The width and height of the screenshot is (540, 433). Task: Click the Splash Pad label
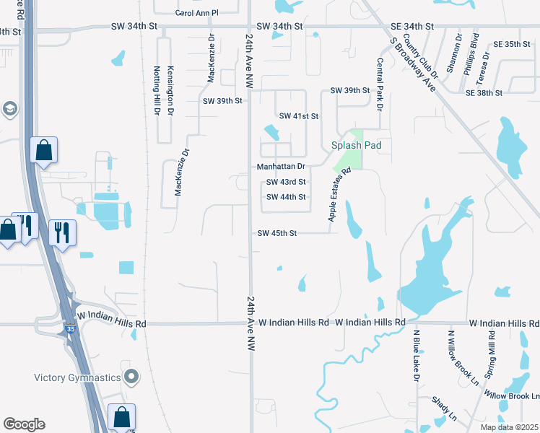(x=356, y=145)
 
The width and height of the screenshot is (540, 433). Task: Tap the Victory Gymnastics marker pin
(x=131, y=377)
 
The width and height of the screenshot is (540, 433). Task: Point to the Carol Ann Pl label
(x=196, y=13)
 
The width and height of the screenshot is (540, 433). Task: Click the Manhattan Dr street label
(x=282, y=166)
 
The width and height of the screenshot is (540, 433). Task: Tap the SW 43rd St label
(x=286, y=182)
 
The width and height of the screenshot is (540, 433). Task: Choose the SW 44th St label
(x=286, y=197)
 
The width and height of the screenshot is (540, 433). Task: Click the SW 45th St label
(x=277, y=233)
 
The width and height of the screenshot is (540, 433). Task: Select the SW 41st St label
(x=299, y=115)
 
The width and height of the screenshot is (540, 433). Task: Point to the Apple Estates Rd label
(x=339, y=195)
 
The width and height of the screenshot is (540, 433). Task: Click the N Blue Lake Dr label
(x=416, y=357)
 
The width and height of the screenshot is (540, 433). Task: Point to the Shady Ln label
(x=444, y=408)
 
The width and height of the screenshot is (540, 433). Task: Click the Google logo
(x=24, y=424)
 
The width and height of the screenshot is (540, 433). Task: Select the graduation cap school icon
(x=10, y=110)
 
